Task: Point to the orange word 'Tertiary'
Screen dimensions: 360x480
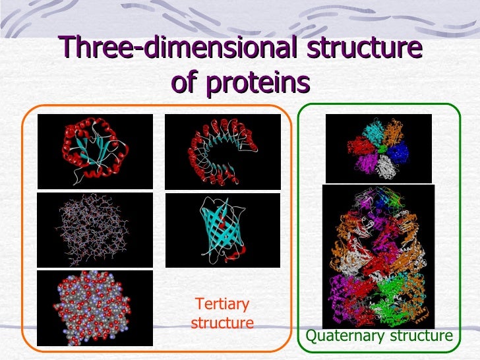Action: click(222, 304)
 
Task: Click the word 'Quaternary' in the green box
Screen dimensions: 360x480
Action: click(345, 336)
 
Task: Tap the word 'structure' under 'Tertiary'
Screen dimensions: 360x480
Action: click(222, 323)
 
